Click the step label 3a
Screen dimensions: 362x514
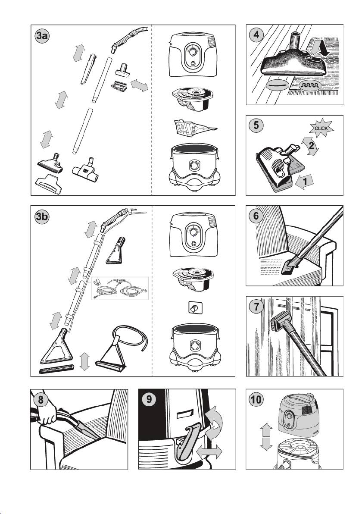42,36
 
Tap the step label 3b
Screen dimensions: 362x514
42,217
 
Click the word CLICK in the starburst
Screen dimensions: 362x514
321,128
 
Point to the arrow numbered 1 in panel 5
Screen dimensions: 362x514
304,182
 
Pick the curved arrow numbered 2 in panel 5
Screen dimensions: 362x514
310,146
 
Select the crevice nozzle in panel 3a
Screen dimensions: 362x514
88,69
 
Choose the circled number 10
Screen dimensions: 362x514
256,400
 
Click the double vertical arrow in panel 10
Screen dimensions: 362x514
266,437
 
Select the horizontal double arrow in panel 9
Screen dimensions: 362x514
209,452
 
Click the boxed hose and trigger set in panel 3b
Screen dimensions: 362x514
119,288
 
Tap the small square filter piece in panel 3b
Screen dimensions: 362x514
195,308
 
